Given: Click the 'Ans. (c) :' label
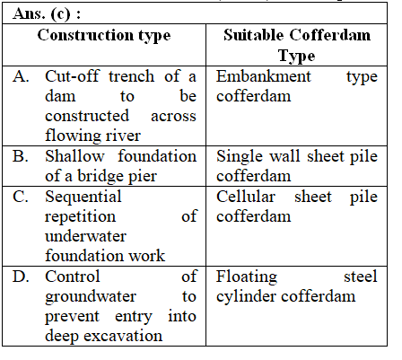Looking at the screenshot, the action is tap(47, 14).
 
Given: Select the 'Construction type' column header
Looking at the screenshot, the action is tap(104, 36).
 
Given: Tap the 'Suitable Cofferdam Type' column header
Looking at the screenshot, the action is tap(297, 45).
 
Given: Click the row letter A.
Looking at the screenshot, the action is tap(21, 76).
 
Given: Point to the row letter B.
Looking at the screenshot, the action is tap(21, 156).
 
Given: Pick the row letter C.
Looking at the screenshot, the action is tap(21, 197).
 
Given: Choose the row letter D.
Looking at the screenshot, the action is tap(21, 277).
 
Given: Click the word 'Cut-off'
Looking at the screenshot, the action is tap(72, 76).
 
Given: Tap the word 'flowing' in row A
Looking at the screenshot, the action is tap(70, 136).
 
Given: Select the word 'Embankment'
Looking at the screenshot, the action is tap(264, 76).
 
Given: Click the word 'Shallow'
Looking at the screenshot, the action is tap(74, 156).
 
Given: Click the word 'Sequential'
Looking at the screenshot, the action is tap(83, 197).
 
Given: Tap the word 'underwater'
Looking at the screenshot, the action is tap(85, 236).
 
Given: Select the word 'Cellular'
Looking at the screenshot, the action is tap(246, 197).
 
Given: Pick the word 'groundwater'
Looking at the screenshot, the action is tap(91, 297).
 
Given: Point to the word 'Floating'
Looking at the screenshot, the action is tap(247, 277).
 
